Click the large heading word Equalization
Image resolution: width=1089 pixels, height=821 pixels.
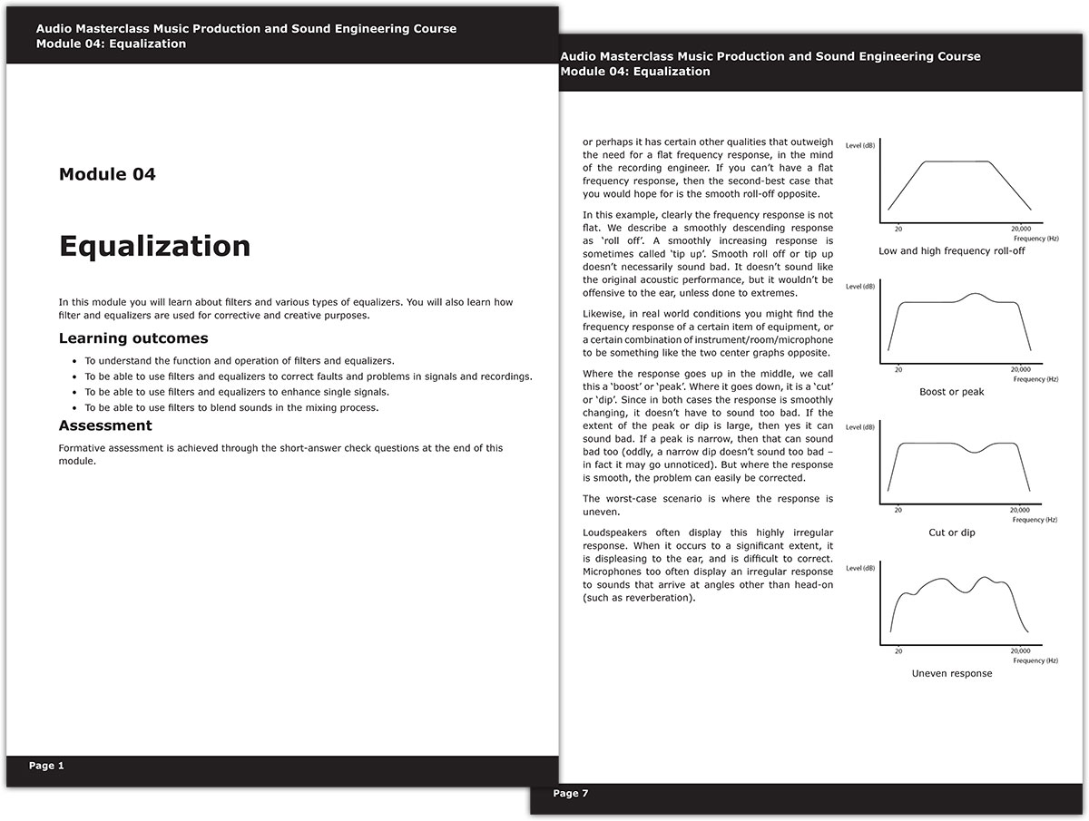pyautogui.click(x=154, y=246)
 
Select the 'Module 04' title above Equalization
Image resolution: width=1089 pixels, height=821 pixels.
pyautogui.click(x=107, y=174)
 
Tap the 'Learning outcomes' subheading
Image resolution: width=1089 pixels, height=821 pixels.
pyautogui.click(x=133, y=338)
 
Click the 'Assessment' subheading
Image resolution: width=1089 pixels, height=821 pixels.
pyautogui.click(x=105, y=425)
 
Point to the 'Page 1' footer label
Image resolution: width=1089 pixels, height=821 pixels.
pyautogui.click(x=46, y=766)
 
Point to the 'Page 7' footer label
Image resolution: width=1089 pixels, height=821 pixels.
pyautogui.click(x=571, y=794)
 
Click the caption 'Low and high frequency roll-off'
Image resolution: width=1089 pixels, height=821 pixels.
pyautogui.click(x=951, y=251)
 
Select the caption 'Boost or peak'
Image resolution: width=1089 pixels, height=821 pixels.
pyautogui.click(x=951, y=392)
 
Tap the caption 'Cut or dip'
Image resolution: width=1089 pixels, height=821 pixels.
pyautogui.click(x=951, y=533)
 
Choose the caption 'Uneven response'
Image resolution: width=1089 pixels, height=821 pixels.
pyautogui.click(x=951, y=673)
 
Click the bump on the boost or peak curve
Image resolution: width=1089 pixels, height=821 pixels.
pyautogui.click(x=974, y=295)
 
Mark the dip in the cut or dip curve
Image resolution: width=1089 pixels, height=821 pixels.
pyautogui.click(x=974, y=451)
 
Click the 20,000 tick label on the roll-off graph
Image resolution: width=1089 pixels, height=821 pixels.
pyautogui.click(x=1020, y=230)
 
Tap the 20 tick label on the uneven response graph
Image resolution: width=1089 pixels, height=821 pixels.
pyautogui.click(x=898, y=651)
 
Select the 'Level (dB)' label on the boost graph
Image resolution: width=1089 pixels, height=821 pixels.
pyautogui.click(x=860, y=287)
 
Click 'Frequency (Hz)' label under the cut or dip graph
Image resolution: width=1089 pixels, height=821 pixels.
pyautogui.click(x=1035, y=520)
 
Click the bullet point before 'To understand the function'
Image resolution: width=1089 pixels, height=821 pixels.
pyautogui.click(x=74, y=361)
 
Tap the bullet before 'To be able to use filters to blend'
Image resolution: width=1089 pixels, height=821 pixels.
pyautogui.click(x=74, y=408)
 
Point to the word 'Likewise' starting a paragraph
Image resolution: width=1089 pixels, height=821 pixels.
pyautogui.click(x=603, y=313)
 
